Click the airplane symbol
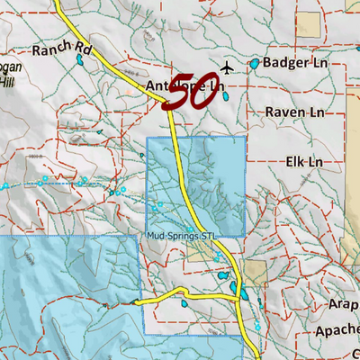tap(226, 67)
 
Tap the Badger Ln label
tap(294, 64)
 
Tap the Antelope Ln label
tap(184, 86)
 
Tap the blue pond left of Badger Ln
tap(255, 64)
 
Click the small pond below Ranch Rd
tap(80, 60)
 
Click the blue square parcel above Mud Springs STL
tap(195, 184)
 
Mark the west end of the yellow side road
tap(136, 302)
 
